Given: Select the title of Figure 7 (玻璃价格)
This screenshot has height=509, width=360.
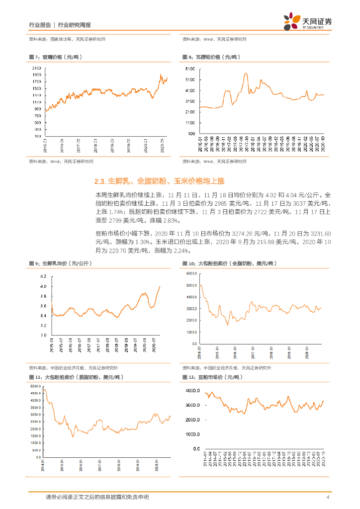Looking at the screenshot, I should [x=55, y=57].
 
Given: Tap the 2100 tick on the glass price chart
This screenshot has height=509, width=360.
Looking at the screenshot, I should [x=36, y=68].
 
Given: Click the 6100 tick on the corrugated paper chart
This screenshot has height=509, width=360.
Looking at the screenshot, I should [x=189, y=68].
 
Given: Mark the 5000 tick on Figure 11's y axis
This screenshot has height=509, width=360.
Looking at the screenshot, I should [x=35, y=386].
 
